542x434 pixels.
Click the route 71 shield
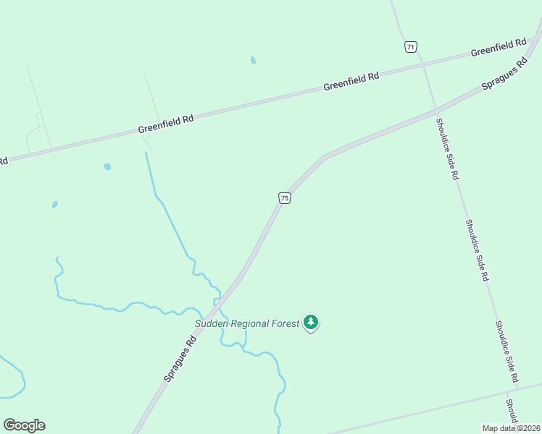(411, 47)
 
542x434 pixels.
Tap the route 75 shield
(285, 198)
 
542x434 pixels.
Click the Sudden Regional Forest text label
(246, 323)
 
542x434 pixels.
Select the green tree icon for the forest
(311, 322)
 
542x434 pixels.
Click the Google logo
(24, 425)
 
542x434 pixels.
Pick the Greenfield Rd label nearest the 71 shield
(498, 48)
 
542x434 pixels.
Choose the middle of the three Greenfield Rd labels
(351, 80)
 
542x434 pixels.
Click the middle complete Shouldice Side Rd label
(477, 250)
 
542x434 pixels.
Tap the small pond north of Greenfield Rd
(253, 60)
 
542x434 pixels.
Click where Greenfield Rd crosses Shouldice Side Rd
(423, 64)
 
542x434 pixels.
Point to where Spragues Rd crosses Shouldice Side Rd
(436, 109)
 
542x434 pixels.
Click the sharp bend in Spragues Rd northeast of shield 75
(322, 157)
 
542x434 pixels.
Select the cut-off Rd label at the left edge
(3, 161)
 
